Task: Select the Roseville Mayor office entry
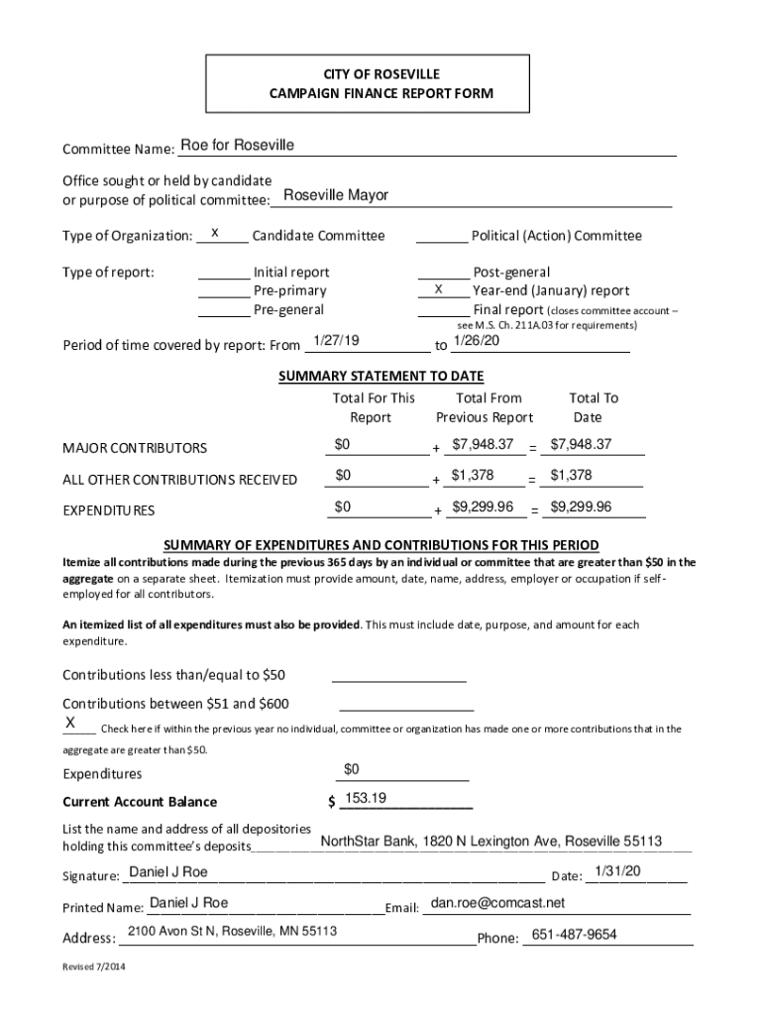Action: coord(335,195)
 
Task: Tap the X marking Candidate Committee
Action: coord(214,235)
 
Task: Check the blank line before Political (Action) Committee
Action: coord(441,236)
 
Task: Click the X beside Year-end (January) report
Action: coord(438,289)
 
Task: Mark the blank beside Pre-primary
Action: coord(224,291)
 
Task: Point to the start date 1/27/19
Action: coord(335,341)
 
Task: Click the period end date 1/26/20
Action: coord(477,341)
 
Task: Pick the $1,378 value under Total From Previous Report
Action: coord(473,476)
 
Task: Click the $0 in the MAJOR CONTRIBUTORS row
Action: coord(344,443)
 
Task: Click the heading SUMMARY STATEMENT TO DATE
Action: coord(381,376)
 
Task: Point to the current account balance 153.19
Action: coord(365,799)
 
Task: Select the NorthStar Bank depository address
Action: coord(490,842)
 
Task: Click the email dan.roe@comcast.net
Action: coord(497,903)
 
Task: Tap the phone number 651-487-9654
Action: coord(574,935)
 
